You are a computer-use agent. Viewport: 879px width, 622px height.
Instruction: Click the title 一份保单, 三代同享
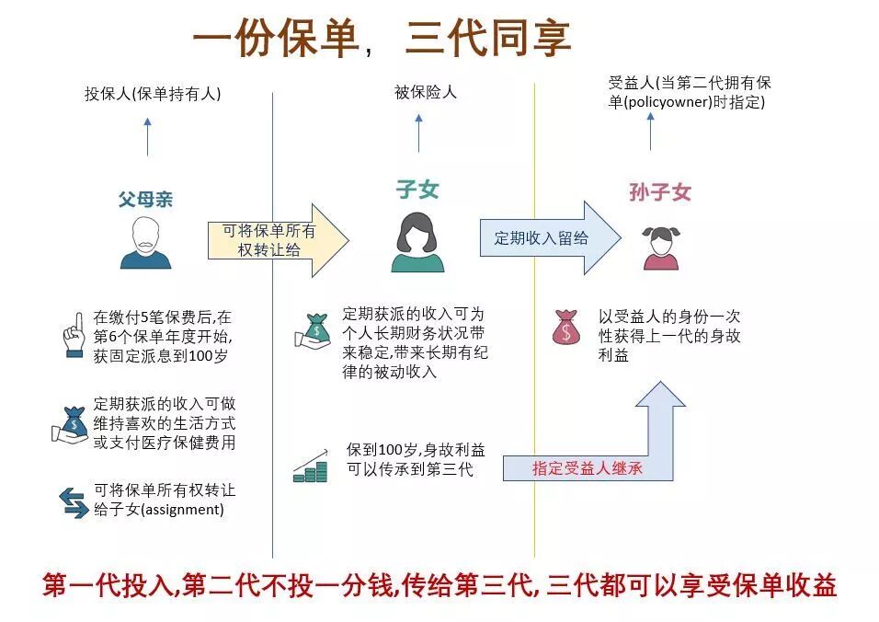[x=382, y=39]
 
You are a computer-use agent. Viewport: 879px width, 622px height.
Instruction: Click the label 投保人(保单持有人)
[x=153, y=94]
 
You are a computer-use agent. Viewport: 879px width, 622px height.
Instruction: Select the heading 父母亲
[x=145, y=199]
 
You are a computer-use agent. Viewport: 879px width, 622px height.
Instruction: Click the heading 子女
[x=417, y=190]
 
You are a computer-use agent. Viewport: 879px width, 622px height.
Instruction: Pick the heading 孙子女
[x=660, y=192]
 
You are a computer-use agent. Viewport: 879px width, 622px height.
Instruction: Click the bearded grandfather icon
[x=145, y=243]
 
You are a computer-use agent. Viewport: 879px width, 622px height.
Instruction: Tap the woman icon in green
[x=417, y=242]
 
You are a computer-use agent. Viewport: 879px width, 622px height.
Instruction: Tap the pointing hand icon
[x=74, y=335]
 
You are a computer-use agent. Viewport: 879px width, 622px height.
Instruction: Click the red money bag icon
[x=566, y=328]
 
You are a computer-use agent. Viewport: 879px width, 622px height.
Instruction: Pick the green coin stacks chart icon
[x=311, y=466]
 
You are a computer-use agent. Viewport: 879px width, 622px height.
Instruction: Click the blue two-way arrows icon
[x=74, y=501]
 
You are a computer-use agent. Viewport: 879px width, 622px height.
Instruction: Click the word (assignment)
[x=182, y=509]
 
